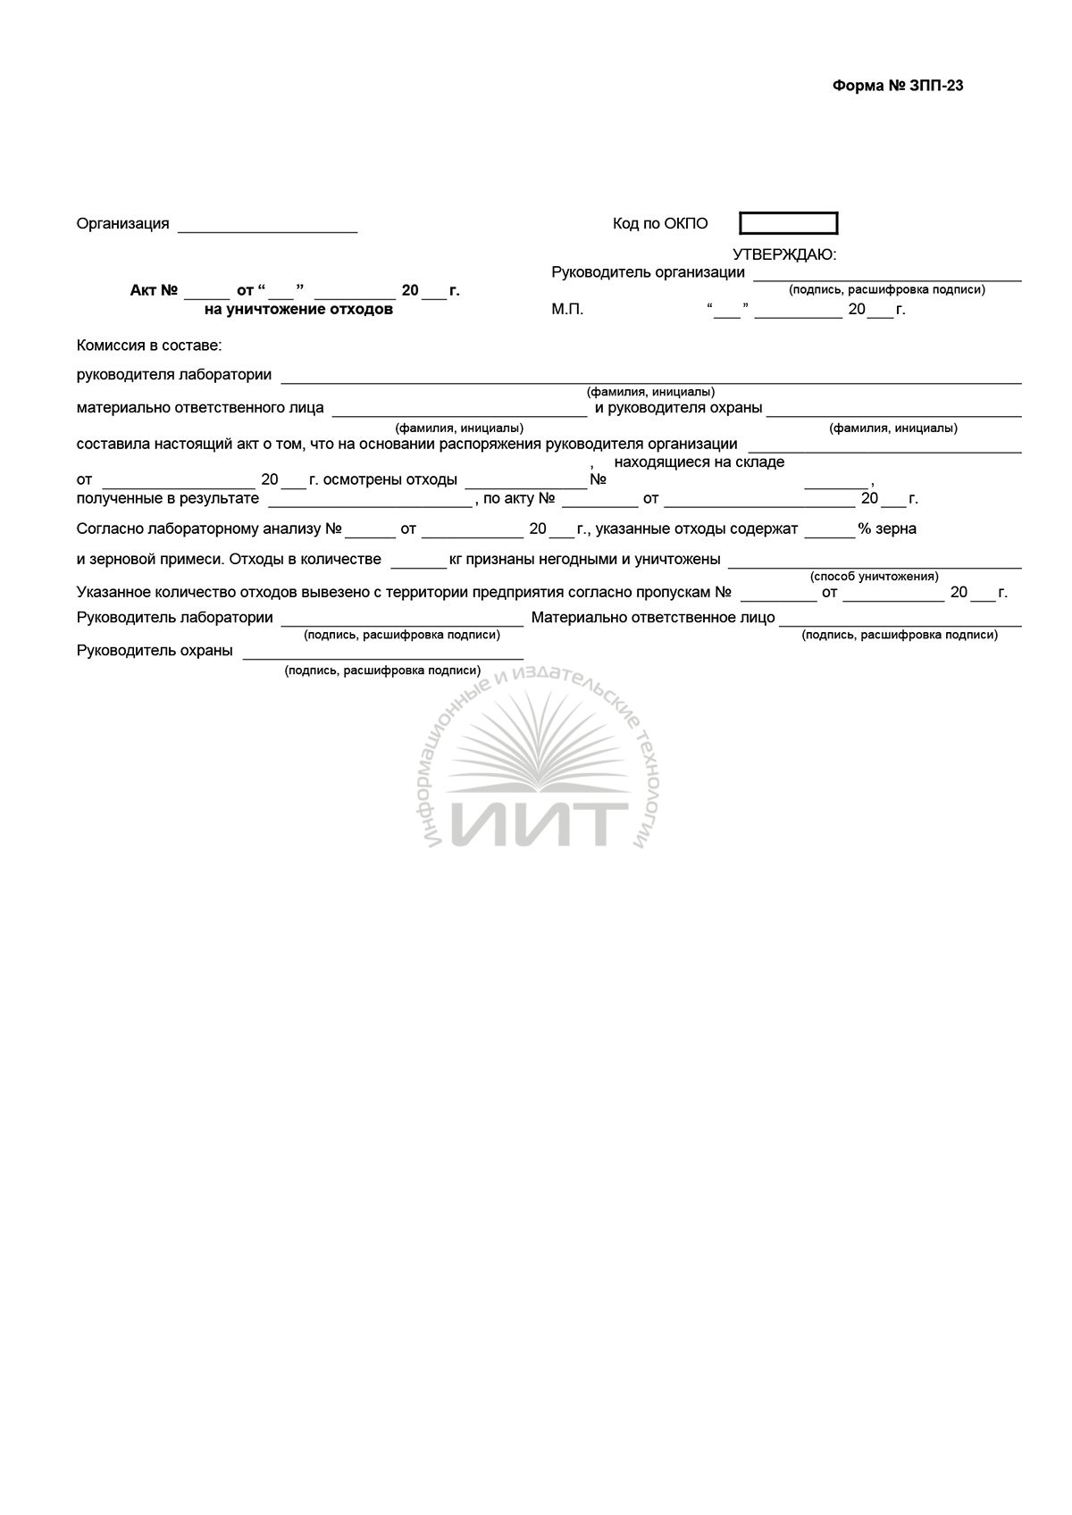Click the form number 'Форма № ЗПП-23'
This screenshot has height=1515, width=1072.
897,86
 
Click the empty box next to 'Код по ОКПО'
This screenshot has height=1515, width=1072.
788,223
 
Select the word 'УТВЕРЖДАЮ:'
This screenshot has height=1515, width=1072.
784,254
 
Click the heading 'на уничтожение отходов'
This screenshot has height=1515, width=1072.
298,310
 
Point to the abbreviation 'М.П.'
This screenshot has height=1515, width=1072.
567,310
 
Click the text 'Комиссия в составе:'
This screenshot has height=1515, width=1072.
149,345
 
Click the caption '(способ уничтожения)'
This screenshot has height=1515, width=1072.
874,577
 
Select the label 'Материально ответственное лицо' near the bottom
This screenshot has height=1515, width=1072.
653,618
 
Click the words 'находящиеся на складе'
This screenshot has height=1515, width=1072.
699,462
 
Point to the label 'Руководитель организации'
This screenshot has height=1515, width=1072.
648,272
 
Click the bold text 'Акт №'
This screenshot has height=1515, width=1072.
155,291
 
